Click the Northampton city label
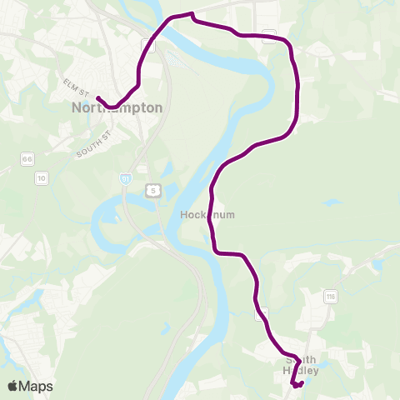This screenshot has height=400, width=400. [x=117, y=107]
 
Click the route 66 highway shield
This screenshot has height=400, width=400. [x=28, y=158]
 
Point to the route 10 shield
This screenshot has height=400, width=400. [x=41, y=177]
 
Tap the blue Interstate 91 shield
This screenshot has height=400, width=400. [x=126, y=178]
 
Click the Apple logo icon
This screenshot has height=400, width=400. [x=13, y=386]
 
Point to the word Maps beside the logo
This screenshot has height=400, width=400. [x=37, y=386]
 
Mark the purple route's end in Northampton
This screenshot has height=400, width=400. [x=97, y=97]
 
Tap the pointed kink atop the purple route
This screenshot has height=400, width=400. [x=193, y=13]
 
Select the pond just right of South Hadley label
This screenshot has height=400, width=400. [x=307, y=382]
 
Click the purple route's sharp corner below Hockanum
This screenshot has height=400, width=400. [x=215, y=251]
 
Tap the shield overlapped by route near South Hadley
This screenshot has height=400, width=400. [x=262, y=313]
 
